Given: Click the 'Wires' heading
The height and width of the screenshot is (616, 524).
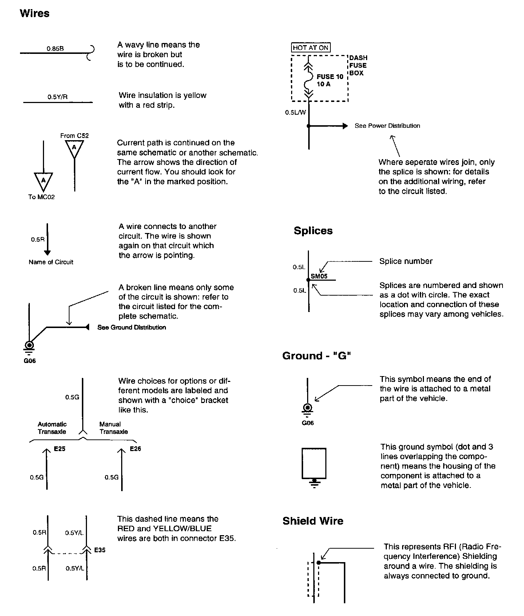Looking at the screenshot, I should tap(35, 13).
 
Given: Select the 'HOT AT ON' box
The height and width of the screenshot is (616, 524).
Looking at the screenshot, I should tap(311, 48).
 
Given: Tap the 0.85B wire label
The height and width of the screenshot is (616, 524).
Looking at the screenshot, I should tap(55, 48).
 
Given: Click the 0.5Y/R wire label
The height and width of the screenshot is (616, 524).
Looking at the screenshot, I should tap(57, 97).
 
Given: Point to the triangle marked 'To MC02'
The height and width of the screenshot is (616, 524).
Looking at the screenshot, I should tap(43, 181).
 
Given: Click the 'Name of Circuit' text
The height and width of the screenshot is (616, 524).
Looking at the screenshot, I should tap(51, 262).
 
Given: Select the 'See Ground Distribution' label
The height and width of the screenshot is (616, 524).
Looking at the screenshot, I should tap(132, 327).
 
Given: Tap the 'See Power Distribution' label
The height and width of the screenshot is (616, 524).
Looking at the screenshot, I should tap(387, 126).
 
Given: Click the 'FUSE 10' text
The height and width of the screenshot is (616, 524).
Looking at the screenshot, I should tap(330, 77).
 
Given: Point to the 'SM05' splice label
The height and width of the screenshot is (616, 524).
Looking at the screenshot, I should tap(319, 276).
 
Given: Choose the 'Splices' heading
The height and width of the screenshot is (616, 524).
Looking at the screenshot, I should tap(313, 231).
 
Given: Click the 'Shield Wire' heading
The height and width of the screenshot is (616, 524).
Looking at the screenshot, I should tap(313, 521).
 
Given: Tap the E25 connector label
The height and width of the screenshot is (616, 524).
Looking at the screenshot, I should tap(60, 449).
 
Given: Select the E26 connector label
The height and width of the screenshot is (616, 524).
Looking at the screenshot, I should tap(135, 449).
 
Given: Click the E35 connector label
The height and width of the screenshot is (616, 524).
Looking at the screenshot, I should tap(100, 550).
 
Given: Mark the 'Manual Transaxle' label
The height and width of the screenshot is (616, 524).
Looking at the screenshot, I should tap(114, 428).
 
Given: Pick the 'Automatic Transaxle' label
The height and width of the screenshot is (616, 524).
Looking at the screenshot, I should tap(52, 428).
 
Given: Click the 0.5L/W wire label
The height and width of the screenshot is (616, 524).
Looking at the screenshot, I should tap(295, 113).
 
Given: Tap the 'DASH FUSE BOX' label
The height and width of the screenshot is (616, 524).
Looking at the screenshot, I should tap(358, 66).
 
